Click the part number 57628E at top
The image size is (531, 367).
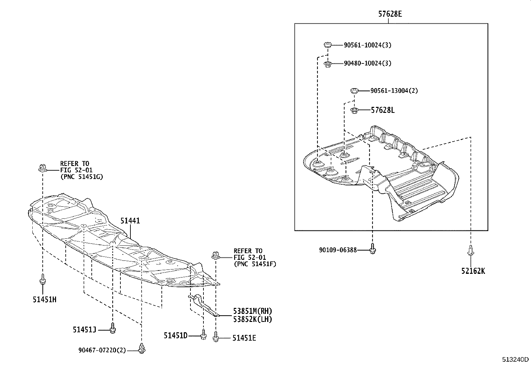[x=390, y=14]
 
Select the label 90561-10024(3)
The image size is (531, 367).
[x=368, y=45]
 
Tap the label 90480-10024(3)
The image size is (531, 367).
[x=368, y=63]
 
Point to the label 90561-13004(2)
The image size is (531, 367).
[x=394, y=90]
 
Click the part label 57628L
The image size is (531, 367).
[x=383, y=110]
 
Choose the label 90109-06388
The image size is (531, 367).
[x=338, y=249]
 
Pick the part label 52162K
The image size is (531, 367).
[x=473, y=271]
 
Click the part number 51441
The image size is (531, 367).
[x=130, y=221]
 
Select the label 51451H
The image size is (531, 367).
[x=44, y=300]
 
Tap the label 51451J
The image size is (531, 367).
[x=85, y=330]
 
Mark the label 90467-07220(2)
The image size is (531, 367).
[x=102, y=350]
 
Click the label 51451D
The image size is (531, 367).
[x=175, y=335]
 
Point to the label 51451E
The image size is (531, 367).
[x=244, y=338]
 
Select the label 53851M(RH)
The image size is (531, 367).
[x=252, y=311]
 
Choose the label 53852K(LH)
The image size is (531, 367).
[x=252, y=319]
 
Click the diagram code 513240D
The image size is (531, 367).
[x=516, y=360]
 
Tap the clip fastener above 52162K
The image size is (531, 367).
[x=470, y=250]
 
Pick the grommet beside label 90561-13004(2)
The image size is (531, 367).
[x=354, y=90]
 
